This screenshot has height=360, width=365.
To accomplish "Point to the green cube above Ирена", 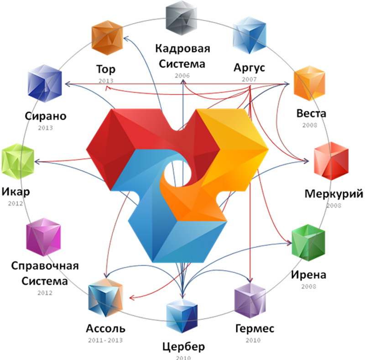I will pyautogui.click(x=308, y=242).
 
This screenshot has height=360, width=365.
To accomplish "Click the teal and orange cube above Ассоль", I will pyautogui.click(x=106, y=299).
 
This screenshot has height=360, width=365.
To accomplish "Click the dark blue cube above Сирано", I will pyautogui.click(x=44, y=83).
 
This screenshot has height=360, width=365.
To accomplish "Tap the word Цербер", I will pyautogui.click(x=182, y=345).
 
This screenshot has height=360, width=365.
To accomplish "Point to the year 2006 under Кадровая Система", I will pyautogui.click(x=182, y=76).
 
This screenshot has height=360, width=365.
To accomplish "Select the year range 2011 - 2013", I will pyautogui.click(x=105, y=340).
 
